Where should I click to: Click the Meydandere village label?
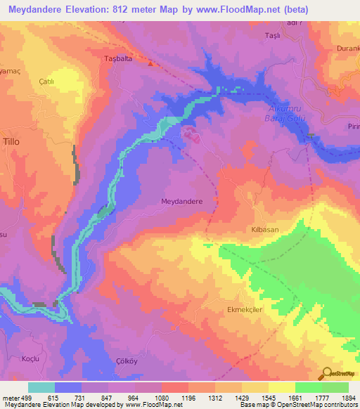(x=182, y=201)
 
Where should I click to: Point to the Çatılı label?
(x=47, y=82)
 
